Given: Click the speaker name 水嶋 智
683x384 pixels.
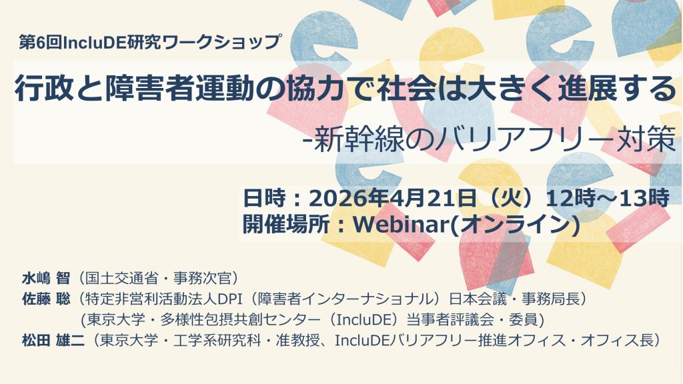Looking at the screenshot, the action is [x=46, y=278].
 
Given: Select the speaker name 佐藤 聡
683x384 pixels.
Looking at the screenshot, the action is [x=46, y=299].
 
